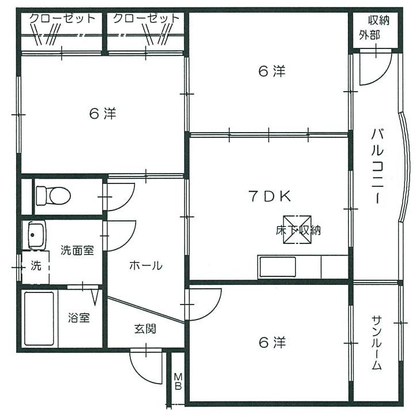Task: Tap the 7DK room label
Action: (x=269, y=196)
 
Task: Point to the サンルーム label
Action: (x=377, y=343)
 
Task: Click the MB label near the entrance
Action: (x=178, y=381)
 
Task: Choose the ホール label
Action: (x=145, y=266)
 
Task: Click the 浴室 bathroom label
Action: (x=78, y=318)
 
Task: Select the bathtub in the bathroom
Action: (x=39, y=318)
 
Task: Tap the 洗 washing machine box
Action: (x=36, y=266)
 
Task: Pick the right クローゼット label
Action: (x=146, y=18)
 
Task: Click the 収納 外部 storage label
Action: (x=376, y=27)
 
